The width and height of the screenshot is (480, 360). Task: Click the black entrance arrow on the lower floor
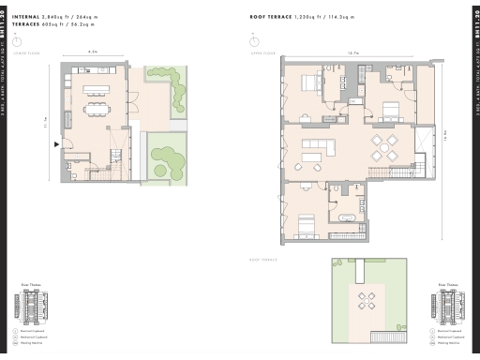58,143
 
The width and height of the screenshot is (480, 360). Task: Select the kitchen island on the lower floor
97,91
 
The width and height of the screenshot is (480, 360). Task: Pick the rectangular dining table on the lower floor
97,109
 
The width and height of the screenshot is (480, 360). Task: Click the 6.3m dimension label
92,52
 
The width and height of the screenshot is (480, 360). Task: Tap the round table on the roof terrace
367,301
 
